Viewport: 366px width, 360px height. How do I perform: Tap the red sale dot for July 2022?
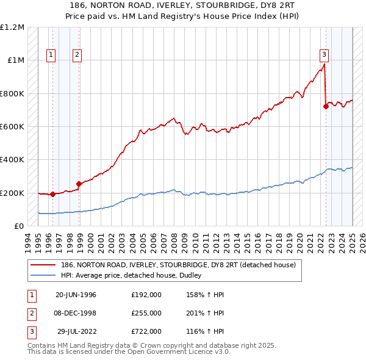point(326,106)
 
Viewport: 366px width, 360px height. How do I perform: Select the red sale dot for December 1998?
point(79,184)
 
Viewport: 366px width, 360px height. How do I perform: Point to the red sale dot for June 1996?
point(52,194)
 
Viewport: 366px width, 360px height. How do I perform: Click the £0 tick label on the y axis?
point(18,226)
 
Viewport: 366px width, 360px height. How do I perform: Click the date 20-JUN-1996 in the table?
point(76,295)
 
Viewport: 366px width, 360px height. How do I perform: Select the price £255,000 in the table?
point(146,313)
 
